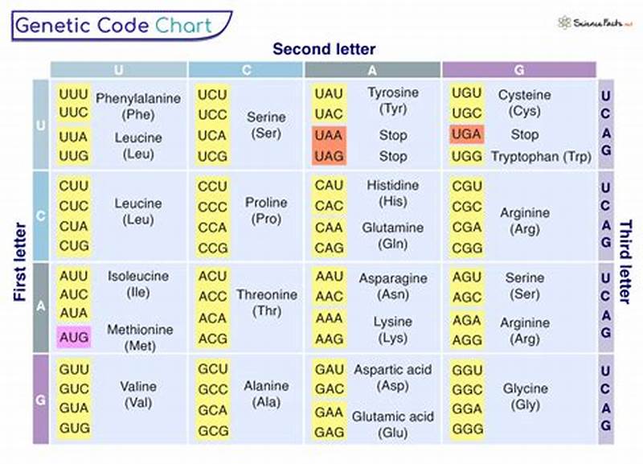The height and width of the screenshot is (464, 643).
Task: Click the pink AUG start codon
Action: (74, 337)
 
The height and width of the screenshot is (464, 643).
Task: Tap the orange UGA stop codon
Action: (466, 134)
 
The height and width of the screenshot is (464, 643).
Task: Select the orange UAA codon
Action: (329, 135)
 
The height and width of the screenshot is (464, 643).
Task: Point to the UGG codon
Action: (466, 156)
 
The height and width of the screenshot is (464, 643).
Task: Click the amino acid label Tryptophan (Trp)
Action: (540, 156)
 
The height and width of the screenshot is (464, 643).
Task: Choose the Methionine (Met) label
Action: (140, 338)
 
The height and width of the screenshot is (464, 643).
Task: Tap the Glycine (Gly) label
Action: (526, 397)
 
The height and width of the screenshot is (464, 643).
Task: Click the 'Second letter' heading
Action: (324, 49)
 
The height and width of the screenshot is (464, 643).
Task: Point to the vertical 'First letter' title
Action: (22, 261)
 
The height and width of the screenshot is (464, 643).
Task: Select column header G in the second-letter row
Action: (518, 70)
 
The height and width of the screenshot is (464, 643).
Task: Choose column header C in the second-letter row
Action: (246, 70)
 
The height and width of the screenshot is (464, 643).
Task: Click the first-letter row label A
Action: (41, 306)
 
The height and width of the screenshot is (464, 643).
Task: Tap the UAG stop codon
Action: (329, 156)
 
